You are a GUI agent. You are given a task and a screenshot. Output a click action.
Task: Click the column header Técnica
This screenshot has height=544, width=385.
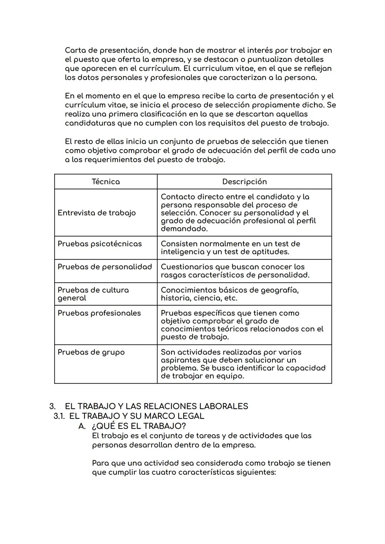tap(106, 182)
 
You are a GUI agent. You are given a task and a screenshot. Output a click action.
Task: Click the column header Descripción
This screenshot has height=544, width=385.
tap(244, 182)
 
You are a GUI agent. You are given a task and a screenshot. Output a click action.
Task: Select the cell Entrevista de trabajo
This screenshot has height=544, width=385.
tap(97, 213)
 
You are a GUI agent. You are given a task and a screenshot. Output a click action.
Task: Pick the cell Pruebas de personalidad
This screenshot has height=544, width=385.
tap(104, 267)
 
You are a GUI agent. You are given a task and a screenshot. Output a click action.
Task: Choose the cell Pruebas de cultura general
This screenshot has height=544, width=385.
tap(93, 294)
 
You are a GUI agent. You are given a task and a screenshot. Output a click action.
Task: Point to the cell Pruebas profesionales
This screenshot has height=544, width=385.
tap(99, 313)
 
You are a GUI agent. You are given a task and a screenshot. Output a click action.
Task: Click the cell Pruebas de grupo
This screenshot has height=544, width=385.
tap(91, 352)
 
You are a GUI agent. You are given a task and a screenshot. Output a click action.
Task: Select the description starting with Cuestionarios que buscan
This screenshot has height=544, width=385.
tap(235, 271)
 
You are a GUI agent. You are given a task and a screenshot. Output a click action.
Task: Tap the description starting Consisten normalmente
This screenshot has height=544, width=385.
tap(230, 248)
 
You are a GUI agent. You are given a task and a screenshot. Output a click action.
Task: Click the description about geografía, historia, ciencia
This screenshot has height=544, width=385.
tap(230, 294)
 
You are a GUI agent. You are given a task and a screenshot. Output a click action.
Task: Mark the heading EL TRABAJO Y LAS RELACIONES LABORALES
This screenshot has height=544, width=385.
tap(156, 406)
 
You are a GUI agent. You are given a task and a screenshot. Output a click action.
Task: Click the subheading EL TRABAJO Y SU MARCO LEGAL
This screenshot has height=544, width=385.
tap(137, 416)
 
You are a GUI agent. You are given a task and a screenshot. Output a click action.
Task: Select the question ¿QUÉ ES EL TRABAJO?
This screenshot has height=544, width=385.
tap(139, 426)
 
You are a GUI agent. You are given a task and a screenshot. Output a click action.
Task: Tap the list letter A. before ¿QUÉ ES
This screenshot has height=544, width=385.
tap(82, 426)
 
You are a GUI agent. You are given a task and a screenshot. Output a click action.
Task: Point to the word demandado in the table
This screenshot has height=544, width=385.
tap(184, 229)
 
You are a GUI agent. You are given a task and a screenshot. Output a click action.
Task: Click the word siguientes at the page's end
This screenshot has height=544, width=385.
tap(256, 472)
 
